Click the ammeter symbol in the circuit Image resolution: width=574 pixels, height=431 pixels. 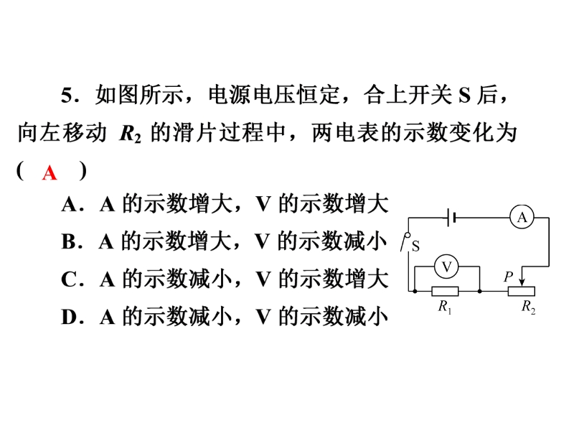click(x=522, y=218)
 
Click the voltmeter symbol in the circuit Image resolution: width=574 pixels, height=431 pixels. click(x=446, y=267)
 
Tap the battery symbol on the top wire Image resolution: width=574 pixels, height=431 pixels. click(x=452, y=218)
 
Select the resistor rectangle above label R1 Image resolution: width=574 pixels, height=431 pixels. click(x=445, y=292)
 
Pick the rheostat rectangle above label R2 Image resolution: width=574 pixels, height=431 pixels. click(x=522, y=292)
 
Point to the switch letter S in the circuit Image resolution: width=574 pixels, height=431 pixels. click(x=415, y=246)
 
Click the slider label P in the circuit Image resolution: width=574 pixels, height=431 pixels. click(x=509, y=277)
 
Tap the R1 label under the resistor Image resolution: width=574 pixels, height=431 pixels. click(x=445, y=307)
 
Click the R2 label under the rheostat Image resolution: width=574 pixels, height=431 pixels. click(x=528, y=307)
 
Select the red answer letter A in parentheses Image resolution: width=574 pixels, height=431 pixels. click(x=50, y=173)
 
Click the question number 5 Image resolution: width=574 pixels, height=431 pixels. click(x=67, y=96)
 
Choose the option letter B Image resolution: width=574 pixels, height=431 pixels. click(x=69, y=242)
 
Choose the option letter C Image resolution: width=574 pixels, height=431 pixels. click(x=69, y=279)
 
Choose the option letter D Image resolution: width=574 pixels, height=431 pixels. click(x=69, y=318)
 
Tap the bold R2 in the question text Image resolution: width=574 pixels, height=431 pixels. click(x=131, y=134)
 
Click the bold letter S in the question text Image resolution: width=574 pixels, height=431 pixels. click(x=464, y=96)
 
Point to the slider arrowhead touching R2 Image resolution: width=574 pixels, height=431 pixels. click(x=522, y=283)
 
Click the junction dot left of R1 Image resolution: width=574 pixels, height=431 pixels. click(x=415, y=292)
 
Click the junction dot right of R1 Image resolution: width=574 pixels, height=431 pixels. click(x=479, y=292)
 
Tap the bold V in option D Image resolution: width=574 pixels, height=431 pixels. click(x=263, y=318)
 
